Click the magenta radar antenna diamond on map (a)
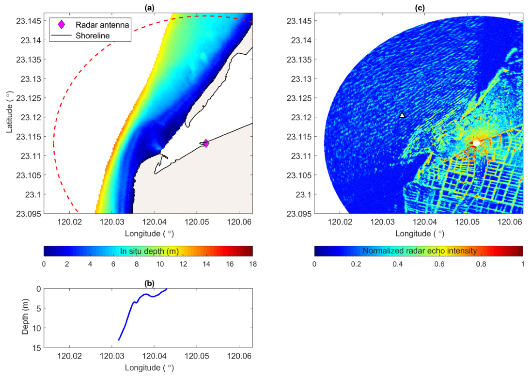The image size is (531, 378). pyautogui.click(x=206, y=143)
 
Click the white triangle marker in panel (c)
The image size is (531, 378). pyautogui.click(x=402, y=115)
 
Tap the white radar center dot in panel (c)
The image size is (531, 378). pyautogui.click(x=476, y=143)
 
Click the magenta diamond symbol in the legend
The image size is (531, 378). pyautogui.click(x=62, y=25)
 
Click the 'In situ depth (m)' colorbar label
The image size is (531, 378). pyautogui.click(x=148, y=251)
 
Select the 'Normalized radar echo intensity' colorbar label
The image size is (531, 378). pyautogui.click(x=420, y=251)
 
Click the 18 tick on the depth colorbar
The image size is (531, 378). pyautogui.click(x=252, y=264)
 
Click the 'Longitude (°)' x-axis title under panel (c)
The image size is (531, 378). pyautogui.click(x=420, y=233)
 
